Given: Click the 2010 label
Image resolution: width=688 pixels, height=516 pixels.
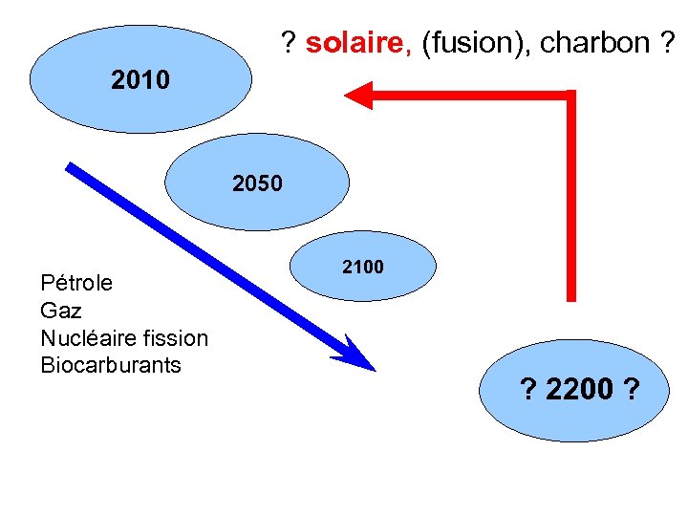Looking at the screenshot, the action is click(140, 80).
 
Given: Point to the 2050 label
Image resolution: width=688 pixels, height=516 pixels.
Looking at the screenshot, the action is click(257, 183).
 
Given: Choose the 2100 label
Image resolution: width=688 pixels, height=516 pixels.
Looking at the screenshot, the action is click(363, 268).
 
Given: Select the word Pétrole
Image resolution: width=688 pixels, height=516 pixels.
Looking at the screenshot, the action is click(76, 283).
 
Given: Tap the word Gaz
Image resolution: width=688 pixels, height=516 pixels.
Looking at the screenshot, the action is click(61, 311).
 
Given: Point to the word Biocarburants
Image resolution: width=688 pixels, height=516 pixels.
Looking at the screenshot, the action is click(111, 365).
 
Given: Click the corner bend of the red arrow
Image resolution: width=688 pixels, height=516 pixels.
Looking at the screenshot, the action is click(570, 97).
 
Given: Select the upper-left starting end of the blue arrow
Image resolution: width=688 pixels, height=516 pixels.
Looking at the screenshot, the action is click(72, 167).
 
